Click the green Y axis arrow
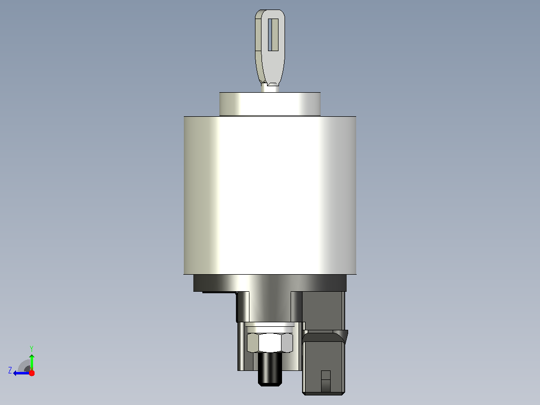(x=32, y=361)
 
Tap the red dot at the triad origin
(x=32, y=373)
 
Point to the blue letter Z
(x=10, y=370)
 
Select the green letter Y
(x=32, y=348)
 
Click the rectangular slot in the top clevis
(x=273, y=35)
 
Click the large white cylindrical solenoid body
(x=270, y=195)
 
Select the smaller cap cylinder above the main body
(x=270, y=104)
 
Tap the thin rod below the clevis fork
(x=270, y=88)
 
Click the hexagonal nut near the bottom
(x=270, y=343)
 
